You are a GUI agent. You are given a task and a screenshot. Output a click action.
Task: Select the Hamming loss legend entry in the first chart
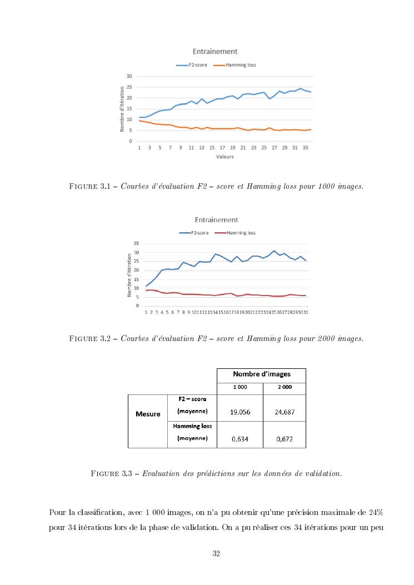[x=240, y=65]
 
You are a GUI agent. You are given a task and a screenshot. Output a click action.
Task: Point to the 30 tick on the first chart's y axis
[x=129, y=76]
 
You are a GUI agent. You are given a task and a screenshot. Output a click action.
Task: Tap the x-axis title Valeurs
[x=225, y=157]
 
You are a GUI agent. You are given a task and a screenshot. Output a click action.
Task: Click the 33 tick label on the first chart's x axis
[x=305, y=148]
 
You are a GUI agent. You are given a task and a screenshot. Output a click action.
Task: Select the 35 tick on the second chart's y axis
[x=137, y=244]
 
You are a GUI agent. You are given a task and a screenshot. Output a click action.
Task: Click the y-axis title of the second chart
[x=129, y=274]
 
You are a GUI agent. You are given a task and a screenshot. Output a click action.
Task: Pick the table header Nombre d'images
[x=261, y=374]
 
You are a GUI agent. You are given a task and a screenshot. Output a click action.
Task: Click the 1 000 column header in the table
[x=240, y=387]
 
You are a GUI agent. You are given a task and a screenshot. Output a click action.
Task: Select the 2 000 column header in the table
[x=284, y=387]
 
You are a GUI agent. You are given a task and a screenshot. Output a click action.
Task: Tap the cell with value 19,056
[x=239, y=412]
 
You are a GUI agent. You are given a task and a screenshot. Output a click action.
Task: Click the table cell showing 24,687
[x=284, y=412]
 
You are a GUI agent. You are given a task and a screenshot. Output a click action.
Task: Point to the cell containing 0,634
[x=239, y=439]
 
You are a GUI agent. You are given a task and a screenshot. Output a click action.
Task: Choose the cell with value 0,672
[x=284, y=439]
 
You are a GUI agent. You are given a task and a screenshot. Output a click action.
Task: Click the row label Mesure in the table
[x=148, y=414]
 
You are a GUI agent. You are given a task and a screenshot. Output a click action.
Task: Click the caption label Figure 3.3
[x=113, y=474]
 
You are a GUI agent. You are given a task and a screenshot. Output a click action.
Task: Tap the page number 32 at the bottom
[x=216, y=553]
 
